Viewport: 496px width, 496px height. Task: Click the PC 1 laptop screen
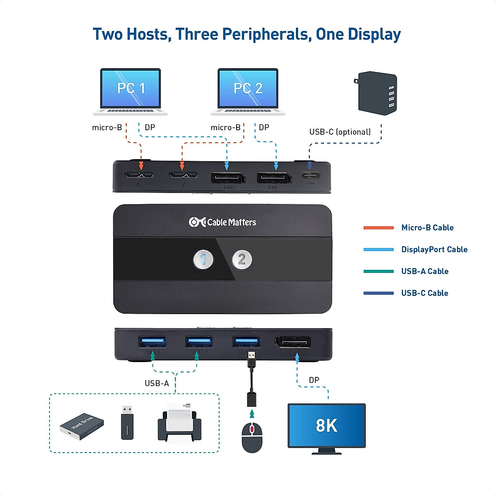pyautogui.click(x=131, y=88)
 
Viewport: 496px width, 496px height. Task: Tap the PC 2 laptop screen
pyautogui.click(x=248, y=88)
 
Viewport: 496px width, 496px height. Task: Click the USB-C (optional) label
pyautogui.click(x=340, y=132)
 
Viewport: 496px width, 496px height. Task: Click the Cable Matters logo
pyautogui.click(x=222, y=222)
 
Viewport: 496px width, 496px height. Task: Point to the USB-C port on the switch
pyautogui.click(x=310, y=176)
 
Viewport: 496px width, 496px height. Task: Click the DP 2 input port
pyautogui.click(x=274, y=178)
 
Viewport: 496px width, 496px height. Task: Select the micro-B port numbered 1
pyautogui.click(x=139, y=175)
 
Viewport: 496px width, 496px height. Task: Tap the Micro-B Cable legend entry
pyautogui.click(x=427, y=228)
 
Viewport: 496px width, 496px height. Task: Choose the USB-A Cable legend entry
pyautogui.click(x=424, y=272)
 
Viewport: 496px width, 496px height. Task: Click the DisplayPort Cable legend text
pyautogui.click(x=434, y=250)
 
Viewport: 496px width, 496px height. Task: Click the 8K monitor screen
pyautogui.click(x=327, y=425)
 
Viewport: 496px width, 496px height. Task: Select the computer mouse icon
pyautogui.click(x=252, y=437)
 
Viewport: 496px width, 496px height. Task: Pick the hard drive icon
pyautogui.click(x=82, y=426)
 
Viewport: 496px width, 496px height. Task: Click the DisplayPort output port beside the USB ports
pyautogui.click(x=293, y=343)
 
